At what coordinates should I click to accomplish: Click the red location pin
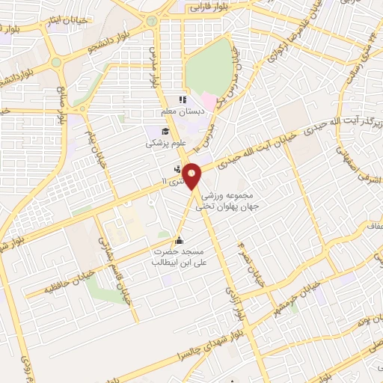(x=192, y=175)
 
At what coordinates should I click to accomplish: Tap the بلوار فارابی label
(x=206, y=7)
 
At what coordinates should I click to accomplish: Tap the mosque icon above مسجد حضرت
(x=179, y=240)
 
